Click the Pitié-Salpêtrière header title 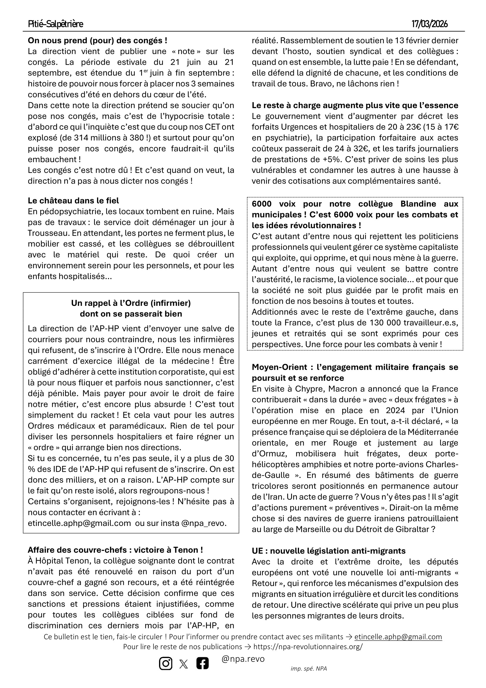55,24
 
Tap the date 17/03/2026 430,24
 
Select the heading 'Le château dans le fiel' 74,201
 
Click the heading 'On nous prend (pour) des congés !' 97,41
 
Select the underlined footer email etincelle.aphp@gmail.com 398,637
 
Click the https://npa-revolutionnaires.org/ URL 308,647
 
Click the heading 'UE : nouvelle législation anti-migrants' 328,551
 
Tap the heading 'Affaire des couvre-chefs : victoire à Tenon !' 115,550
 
